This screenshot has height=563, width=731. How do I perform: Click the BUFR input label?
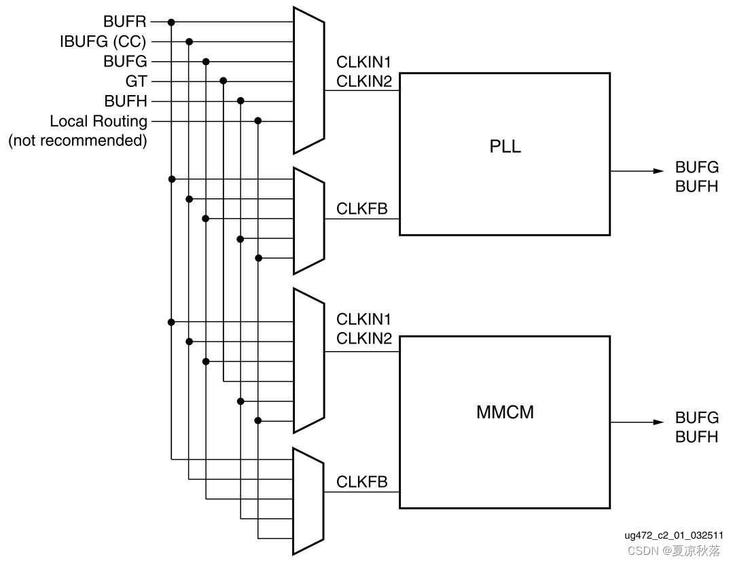tap(124, 22)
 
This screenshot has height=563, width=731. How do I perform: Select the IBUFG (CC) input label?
tap(103, 42)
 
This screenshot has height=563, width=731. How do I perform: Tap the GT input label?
tap(136, 81)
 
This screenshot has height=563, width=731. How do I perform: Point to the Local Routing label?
tap(99, 122)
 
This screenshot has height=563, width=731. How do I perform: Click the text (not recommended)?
tap(77, 141)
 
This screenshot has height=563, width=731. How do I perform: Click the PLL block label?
tap(505, 147)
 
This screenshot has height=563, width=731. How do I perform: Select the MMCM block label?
tap(505, 412)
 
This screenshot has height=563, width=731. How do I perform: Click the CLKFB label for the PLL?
tap(362, 208)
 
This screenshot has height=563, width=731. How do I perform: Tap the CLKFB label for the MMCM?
tap(362, 482)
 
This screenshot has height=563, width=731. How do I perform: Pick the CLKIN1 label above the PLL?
tap(364, 62)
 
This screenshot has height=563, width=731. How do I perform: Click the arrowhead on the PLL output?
tap(657, 171)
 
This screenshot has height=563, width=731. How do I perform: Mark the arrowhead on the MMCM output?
tap(657, 422)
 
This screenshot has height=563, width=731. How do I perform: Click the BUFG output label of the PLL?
tap(696, 167)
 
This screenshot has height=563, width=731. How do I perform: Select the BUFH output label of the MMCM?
tap(696, 437)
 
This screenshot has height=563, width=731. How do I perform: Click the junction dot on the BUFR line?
tap(172, 22)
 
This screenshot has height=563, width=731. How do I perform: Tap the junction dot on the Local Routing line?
tap(258, 122)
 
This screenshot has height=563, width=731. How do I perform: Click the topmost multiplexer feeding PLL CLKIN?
tap(308, 81)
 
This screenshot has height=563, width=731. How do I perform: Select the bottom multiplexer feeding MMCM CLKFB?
tap(308, 501)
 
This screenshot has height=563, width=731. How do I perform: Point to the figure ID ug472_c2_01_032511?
tap(673, 535)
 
